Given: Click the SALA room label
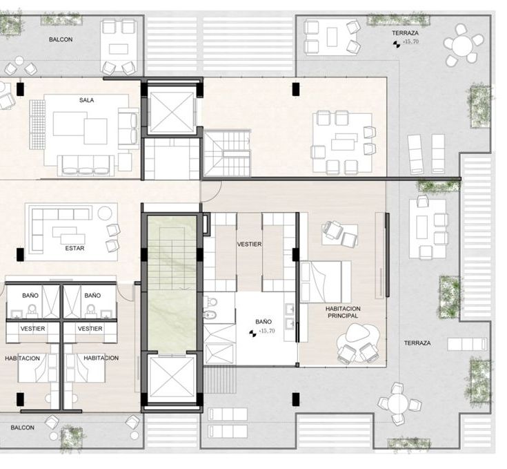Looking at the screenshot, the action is click(x=86, y=100).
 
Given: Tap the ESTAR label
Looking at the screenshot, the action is click(x=74, y=248).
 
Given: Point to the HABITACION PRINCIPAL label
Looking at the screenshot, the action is click(x=343, y=312).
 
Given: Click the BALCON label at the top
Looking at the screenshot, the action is click(x=61, y=39).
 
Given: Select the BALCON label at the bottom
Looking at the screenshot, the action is click(x=22, y=428).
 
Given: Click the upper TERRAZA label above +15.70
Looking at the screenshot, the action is click(x=405, y=33).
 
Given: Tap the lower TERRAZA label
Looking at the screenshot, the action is click(x=417, y=343).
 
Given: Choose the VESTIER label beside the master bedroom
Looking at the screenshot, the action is click(x=249, y=245).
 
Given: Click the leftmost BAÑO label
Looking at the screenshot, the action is click(x=30, y=295).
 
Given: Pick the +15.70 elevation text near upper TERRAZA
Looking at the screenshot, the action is click(x=410, y=41).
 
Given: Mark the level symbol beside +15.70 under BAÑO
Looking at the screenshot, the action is click(x=252, y=333).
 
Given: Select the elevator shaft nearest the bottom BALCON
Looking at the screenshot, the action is click(x=172, y=379).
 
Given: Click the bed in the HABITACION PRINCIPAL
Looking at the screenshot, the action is click(x=326, y=282).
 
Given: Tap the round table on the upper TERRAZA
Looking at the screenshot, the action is click(x=463, y=45).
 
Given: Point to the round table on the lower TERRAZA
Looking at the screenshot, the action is click(x=399, y=403).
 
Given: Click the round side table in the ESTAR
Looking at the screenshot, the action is click(x=104, y=213).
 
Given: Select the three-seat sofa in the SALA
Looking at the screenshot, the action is click(x=86, y=165).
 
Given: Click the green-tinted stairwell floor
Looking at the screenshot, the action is click(x=172, y=284).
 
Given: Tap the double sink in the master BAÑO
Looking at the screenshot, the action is click(x=290, y=316).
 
